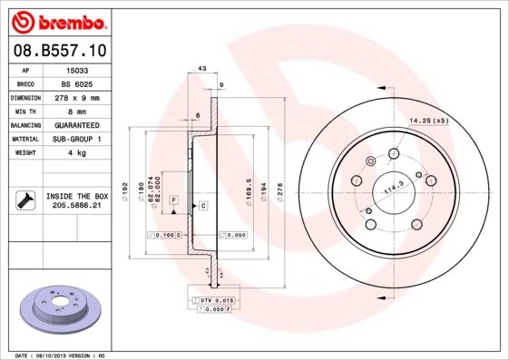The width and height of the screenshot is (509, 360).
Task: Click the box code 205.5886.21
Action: tap(77, 206)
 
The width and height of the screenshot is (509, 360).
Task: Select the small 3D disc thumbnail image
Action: tap(56, 305)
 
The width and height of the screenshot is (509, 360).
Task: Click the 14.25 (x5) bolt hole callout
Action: tap(429, 121)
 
